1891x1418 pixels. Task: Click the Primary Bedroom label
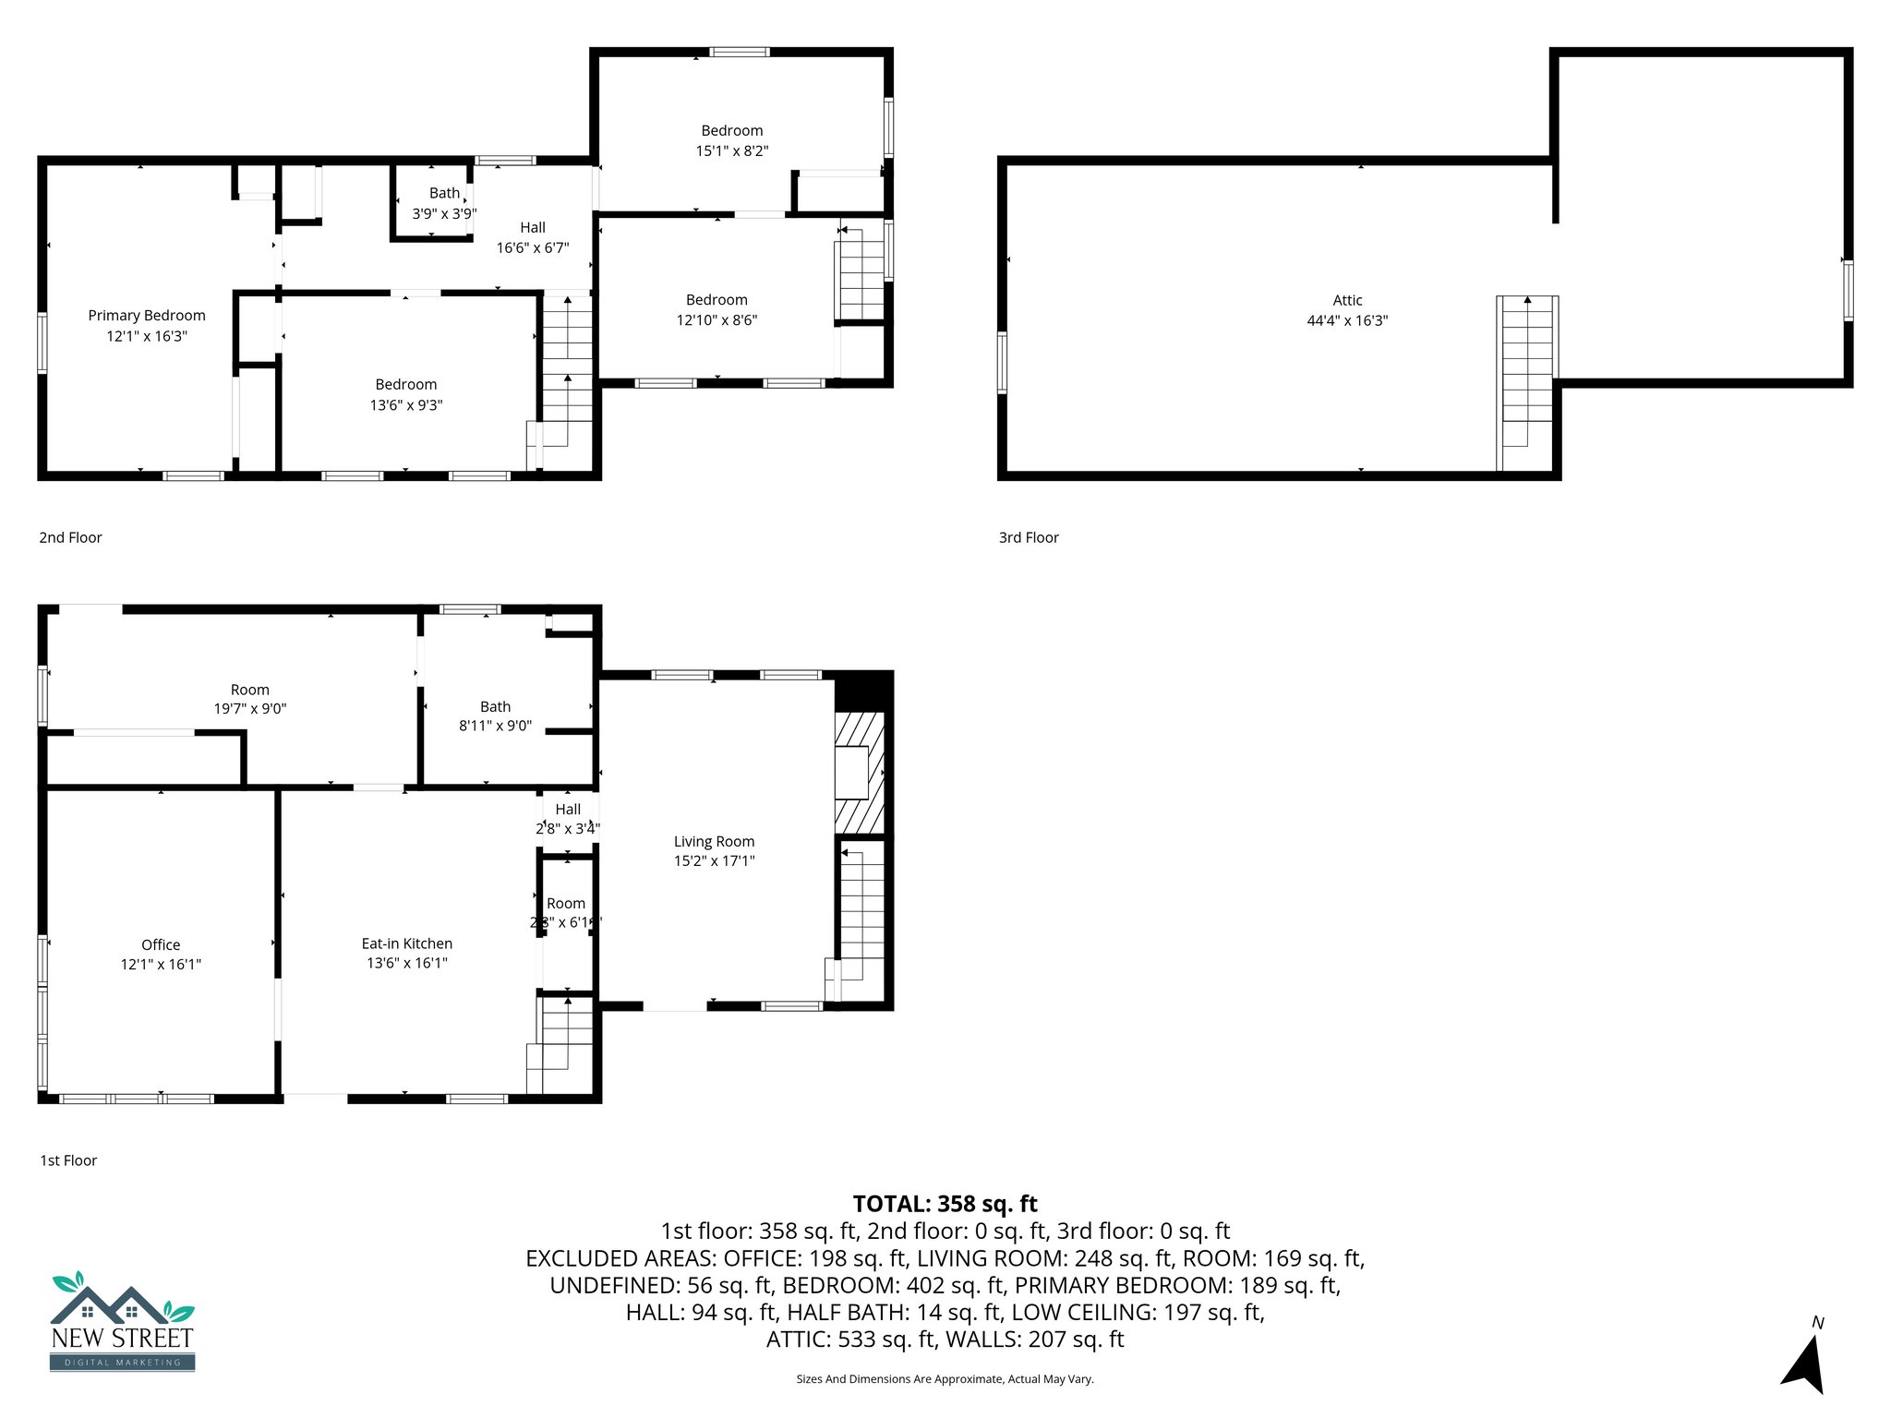pos(147,316)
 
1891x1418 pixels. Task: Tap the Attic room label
pos(1347,301)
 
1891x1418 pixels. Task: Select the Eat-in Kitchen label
pos(406,943)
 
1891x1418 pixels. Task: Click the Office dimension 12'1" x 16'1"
pos(161,965)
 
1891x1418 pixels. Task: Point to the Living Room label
pos(714,841)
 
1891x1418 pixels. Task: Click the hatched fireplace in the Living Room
pos(859,772)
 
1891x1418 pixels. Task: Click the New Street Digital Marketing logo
pos(122,1322)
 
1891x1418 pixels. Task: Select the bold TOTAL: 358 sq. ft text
pos(945,1204)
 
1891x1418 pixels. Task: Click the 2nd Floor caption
pos(70,537)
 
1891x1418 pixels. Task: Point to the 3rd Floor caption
pos(1029,537)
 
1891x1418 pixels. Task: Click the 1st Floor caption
pos(68,1160)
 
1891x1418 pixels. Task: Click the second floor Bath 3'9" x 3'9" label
pos(444,203)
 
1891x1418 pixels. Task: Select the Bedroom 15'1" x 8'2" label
pos(732,140)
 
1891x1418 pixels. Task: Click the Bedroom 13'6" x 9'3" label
pos(406,394)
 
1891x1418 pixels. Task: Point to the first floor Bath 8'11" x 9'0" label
pos(495,715)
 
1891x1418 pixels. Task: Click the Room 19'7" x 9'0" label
pos(250,699)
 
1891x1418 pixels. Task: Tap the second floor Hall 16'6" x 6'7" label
pos(533,237)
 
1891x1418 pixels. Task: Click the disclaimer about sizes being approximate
pos(945,1379)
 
